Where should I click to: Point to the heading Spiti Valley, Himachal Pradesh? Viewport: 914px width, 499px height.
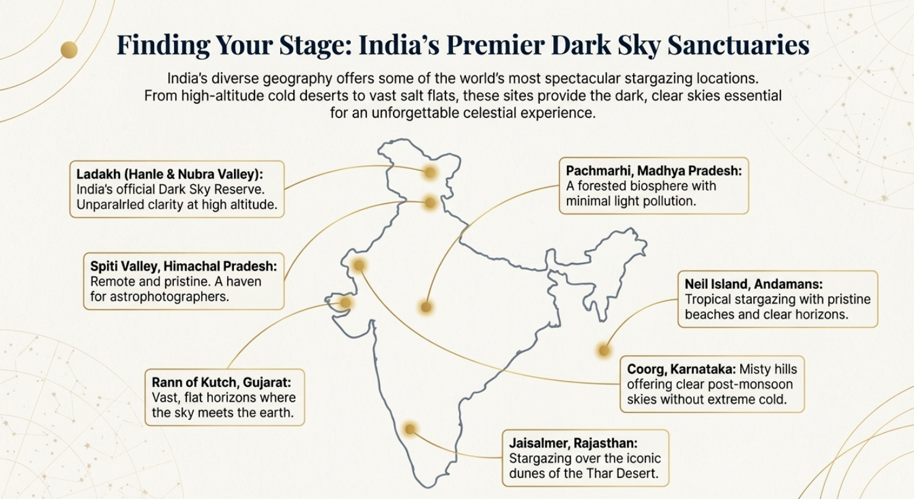pos(184,267)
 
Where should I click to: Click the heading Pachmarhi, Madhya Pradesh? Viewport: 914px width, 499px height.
pos(653,170)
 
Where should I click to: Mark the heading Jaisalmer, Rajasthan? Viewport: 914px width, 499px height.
pos(573,443)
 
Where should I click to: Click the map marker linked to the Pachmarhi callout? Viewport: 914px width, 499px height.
pos(426,307)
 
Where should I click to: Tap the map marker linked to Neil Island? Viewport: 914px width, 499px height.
pos(604,351)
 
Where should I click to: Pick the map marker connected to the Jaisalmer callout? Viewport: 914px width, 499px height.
pos(409,429)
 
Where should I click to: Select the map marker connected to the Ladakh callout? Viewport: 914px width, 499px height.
pos(429,173)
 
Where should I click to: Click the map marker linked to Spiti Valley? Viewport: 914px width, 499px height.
pos(429,201)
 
